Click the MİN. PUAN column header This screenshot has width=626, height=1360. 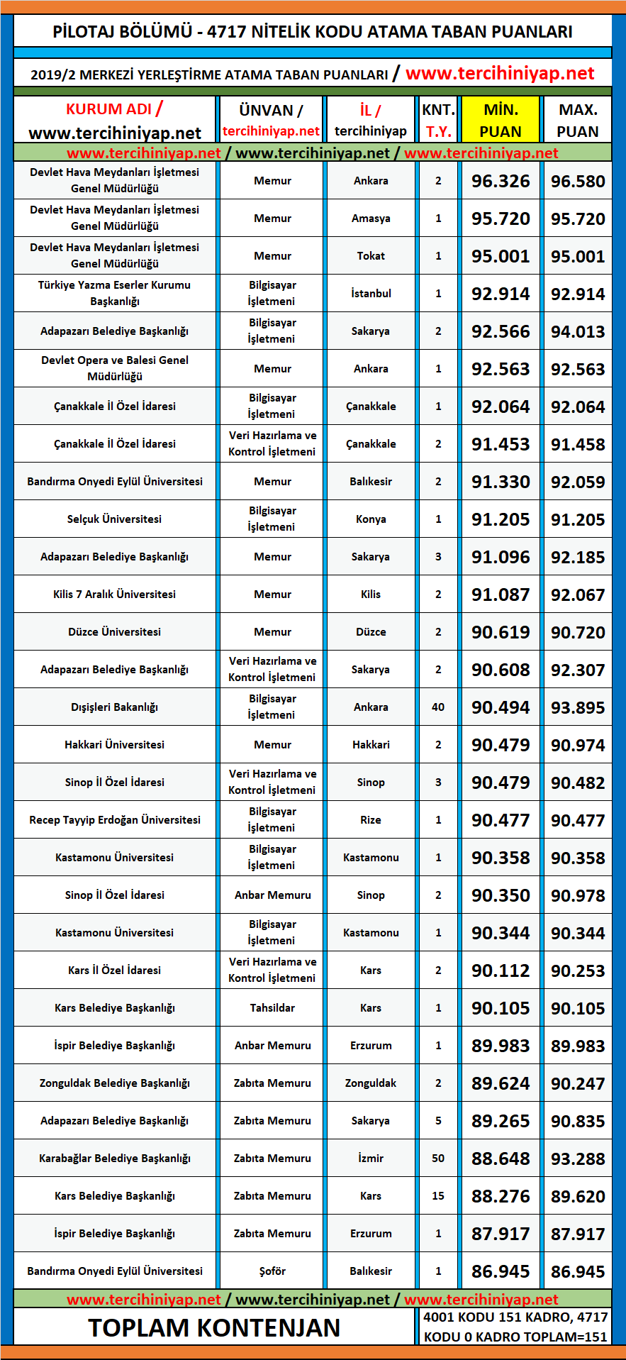click(501, 120)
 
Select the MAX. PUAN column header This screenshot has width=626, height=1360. click(578, 120)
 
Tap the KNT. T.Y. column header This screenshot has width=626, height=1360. click(438, 120)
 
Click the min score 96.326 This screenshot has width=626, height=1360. click(501, 181)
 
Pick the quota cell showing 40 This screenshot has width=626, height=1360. click(438, 707)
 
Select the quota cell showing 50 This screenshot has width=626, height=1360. click(438, 1159)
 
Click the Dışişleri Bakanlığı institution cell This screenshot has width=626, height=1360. click(115, 707)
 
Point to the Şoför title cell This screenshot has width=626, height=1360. click(272, 1271)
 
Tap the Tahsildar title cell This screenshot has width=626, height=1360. click(272, 1008)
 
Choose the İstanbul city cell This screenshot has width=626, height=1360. click(371, 294)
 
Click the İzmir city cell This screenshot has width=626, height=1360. click(371, 1159)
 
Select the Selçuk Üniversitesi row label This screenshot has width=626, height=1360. click(115, 519)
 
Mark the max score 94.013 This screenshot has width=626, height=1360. click(578, 331)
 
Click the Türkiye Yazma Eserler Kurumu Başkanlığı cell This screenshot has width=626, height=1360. click(115, 293)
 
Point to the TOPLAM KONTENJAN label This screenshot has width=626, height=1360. click(214, 1327)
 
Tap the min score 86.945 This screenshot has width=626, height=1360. click(501, 1271)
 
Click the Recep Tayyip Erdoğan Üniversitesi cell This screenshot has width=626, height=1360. click(115, 820)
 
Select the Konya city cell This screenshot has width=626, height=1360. click(371, 519)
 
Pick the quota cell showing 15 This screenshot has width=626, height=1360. click(438, 1196)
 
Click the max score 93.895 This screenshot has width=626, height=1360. click(578, 707)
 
